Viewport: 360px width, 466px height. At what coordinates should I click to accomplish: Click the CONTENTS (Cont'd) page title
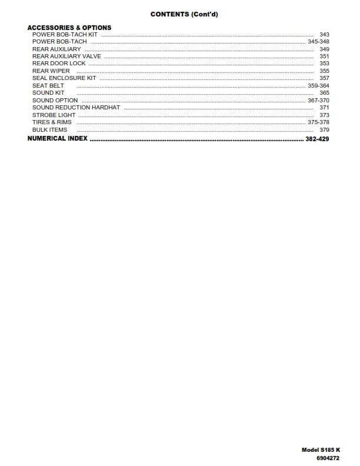[179, 14]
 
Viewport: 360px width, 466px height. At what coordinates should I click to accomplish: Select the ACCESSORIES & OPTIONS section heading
[69, 28]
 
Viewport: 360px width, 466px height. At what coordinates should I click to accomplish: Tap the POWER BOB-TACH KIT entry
[65, 35]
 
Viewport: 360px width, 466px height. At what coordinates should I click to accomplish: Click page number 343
[324, 35]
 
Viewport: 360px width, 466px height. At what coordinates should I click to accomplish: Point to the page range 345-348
[318, 42]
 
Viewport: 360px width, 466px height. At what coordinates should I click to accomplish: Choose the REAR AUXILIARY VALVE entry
[66, 56]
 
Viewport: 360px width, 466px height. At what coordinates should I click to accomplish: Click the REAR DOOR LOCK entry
[59, 64]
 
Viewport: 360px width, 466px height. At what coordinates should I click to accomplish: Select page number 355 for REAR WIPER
[324, 71]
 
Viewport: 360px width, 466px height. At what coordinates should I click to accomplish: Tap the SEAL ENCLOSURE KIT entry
[64, 78]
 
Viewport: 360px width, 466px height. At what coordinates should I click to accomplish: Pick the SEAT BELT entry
[48, 86]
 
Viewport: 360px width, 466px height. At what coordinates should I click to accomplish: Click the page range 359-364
[318, 86]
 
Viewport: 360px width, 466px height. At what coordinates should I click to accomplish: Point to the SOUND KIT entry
[48, 93]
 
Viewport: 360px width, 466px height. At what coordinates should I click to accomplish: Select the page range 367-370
[318, 101]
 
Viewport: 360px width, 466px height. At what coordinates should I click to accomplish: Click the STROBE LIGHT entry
[54, 115]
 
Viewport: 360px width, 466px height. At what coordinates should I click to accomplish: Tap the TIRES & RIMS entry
[52, 122]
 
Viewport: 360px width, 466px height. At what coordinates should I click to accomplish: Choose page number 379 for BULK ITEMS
[324, 130]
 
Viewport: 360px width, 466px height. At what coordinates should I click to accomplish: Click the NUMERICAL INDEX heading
[58, 139]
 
